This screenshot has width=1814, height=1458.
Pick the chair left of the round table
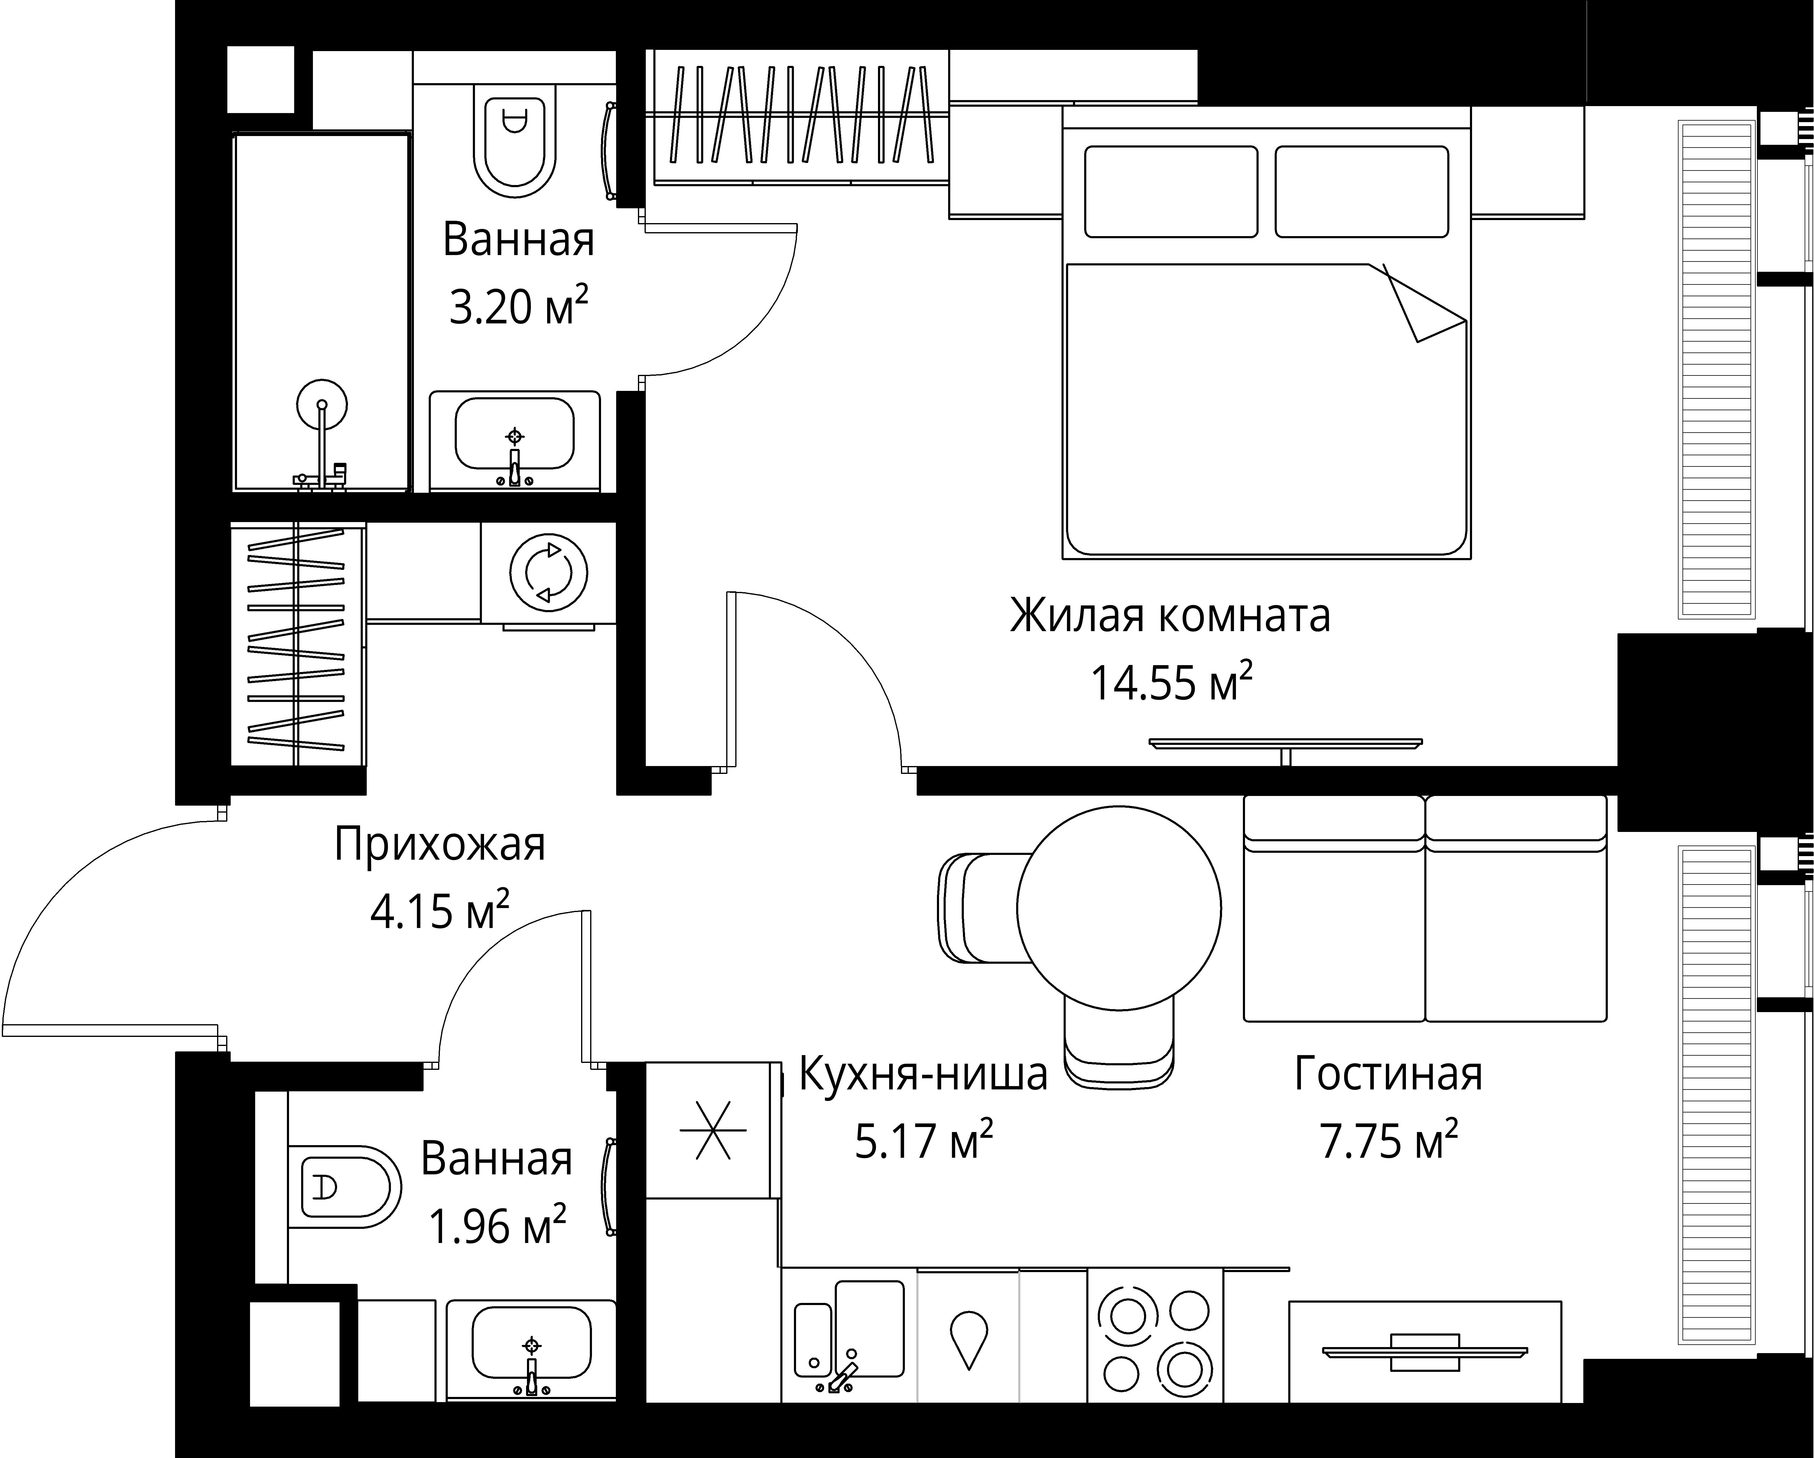coord(980,908)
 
